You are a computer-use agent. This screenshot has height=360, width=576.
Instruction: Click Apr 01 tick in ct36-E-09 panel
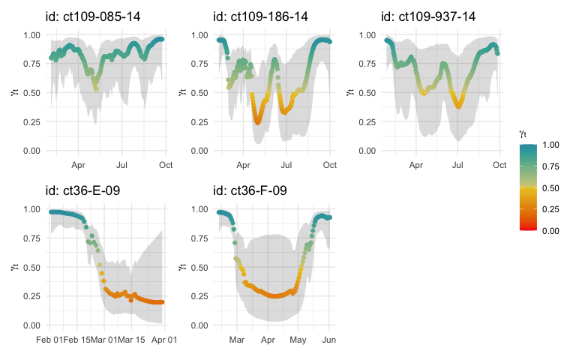pos(163,340)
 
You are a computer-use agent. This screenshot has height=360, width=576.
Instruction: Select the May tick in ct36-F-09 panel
pos(298,340)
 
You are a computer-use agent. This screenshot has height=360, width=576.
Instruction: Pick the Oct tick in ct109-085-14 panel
pos(163,165)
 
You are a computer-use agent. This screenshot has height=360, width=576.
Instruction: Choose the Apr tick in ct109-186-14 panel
pos(243,165)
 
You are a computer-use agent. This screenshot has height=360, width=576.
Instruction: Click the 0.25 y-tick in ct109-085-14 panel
pos(31,123)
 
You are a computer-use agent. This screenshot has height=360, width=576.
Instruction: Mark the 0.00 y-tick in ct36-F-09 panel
pos(199,325)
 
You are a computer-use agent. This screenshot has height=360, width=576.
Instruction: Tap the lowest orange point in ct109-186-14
pos(258,121)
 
